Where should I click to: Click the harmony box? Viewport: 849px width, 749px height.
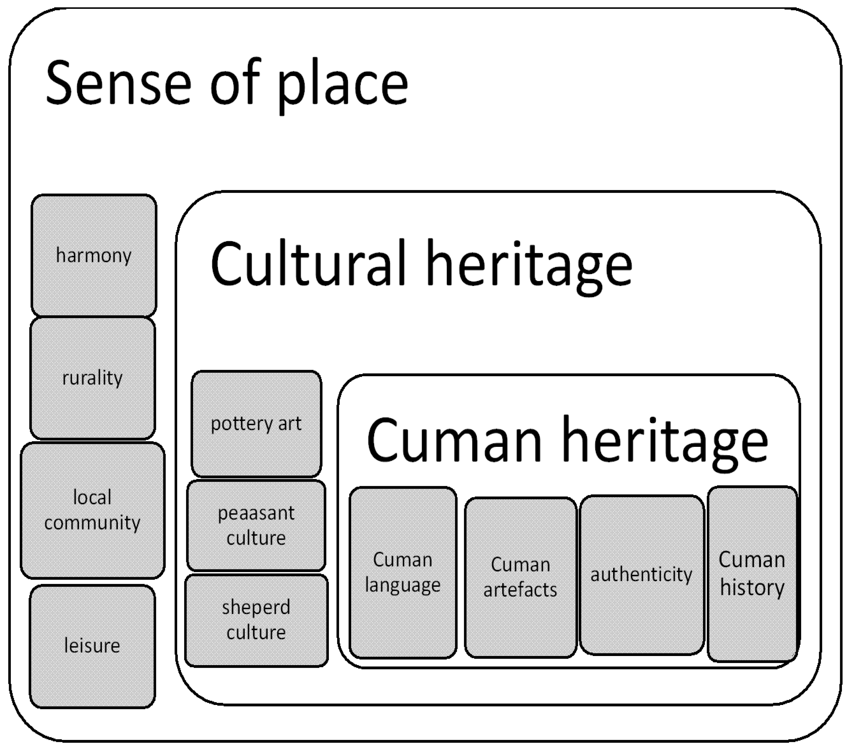point(94,255)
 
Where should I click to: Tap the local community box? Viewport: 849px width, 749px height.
point(93,510)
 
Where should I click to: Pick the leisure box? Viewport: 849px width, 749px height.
point(92,646)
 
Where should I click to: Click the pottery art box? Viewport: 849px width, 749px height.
point(256,424)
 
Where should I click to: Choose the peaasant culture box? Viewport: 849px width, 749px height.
point(256,525)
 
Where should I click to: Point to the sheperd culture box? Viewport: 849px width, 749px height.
point(256,620)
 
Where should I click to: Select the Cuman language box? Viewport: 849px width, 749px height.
point(403,572)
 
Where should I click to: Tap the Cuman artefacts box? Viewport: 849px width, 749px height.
point(520,577)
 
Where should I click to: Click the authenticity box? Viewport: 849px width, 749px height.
point(642,574)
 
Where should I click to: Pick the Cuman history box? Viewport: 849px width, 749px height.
point(752,574)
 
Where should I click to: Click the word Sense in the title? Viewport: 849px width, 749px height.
point(119,83)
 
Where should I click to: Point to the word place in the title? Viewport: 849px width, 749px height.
point(343,85)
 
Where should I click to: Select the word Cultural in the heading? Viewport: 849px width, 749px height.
point(308,263)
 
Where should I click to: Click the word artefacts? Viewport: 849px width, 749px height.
point(520,590)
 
